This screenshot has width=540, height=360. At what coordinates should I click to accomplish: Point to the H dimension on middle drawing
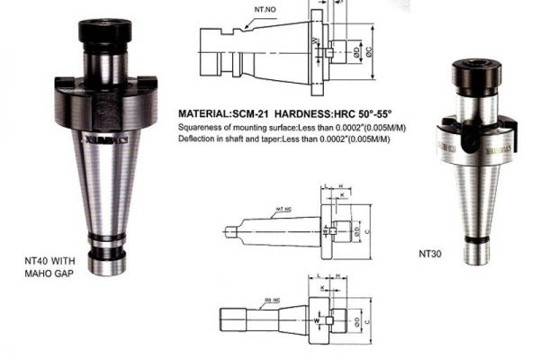pyautogui.click(x=341, y=189)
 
